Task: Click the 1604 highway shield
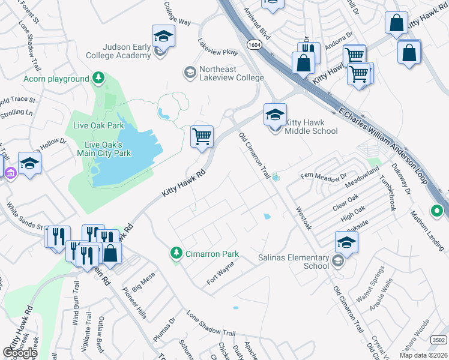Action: (252, 44)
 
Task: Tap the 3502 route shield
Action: (438, 340)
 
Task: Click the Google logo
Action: (20, 353)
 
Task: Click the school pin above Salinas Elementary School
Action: (346, 242)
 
